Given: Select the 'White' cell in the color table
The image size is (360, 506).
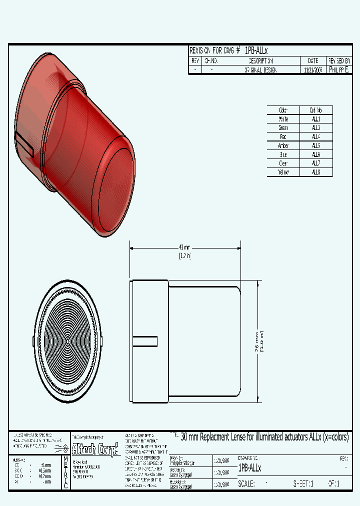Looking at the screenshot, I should (283, 119).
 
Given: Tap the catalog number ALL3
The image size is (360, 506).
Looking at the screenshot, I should (316, 128).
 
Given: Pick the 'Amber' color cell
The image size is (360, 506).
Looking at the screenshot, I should (283, 145).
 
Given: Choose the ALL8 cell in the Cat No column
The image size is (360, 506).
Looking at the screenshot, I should (316, 172).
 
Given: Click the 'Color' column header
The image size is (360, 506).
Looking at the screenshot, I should (283, 110).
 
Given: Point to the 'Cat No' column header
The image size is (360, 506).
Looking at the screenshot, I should (316, 110).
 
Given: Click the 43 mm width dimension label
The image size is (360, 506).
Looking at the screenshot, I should (184, 247).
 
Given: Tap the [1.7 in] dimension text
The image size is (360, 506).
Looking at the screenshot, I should (184, 255).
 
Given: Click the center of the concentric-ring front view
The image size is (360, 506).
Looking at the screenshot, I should (67, 341).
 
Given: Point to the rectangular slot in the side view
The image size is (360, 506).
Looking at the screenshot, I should (145, 341).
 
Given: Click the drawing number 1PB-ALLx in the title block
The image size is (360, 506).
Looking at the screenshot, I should (250, 468).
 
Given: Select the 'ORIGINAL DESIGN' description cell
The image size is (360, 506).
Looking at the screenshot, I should (260, 70).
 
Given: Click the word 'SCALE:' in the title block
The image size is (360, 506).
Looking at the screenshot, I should (246, 483).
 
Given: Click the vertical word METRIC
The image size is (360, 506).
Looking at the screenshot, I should (65, 472).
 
